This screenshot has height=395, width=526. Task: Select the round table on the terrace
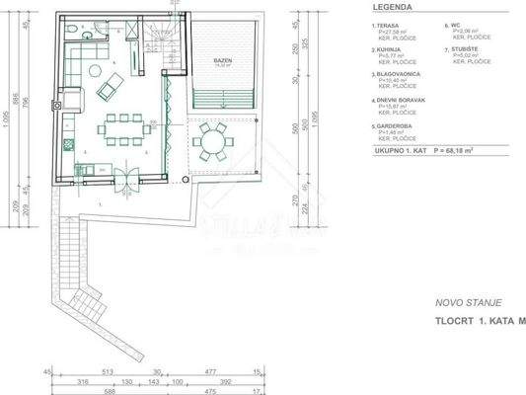(211, 143)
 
